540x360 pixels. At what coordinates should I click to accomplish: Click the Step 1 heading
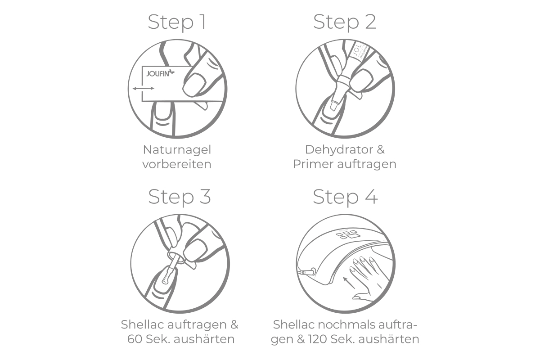point(177,22)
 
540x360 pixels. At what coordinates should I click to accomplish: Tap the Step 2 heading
point(345,22)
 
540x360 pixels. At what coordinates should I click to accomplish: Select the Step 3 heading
point(180,197)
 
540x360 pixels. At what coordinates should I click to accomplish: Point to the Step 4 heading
point(345,197)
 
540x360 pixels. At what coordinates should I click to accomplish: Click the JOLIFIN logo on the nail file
point(160,73)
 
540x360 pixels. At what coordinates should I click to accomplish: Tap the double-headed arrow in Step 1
point(144,89)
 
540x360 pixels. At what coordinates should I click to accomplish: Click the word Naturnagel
point(177,150)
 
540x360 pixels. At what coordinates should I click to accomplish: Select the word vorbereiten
point(177,164)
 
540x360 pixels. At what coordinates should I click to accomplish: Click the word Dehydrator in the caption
point(339,150)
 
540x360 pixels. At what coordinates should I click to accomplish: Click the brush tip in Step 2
point(334,106)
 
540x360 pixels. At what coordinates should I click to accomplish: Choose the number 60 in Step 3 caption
point(135,339)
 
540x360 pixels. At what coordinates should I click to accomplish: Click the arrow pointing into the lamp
point(349,283)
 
